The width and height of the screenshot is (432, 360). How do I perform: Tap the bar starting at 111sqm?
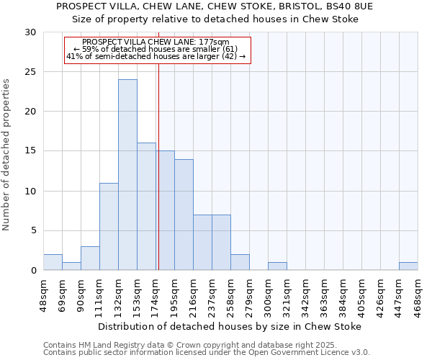coord(109,227)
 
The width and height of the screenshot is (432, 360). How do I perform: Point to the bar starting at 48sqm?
coord(53,263)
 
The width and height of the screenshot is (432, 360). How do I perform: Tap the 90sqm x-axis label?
coord(81,294)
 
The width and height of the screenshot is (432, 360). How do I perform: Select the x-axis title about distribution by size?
coord(230,326)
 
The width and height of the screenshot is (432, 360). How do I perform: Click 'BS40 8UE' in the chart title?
coord(348,6)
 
